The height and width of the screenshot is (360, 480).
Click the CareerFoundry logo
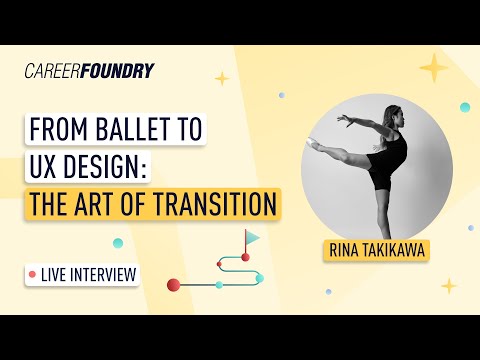pyautogui.click(x=89, y=71)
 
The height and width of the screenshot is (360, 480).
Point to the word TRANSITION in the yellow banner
pyautogui.click(x=211, y=204)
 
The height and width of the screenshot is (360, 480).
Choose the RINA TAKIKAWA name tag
pyautogui.click(x=375, y=250)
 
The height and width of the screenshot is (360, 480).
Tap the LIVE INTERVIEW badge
pyautogui.click(x=83, y=273)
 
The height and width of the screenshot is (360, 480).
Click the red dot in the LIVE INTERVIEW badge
pyautogui.click(x=33, y=273)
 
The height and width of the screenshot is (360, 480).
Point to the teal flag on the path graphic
pyautogui.click(x=253, y=238)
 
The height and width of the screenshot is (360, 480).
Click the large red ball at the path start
pyautogui.click(x=173, y=285)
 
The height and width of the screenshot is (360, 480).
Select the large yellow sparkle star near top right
pyautogui.click(x=433, y=68)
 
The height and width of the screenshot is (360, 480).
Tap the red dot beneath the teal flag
pyautogui.click(x=245, y=257)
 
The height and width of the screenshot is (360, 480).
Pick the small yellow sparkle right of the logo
pyautogui.click(x=221, y=78)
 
